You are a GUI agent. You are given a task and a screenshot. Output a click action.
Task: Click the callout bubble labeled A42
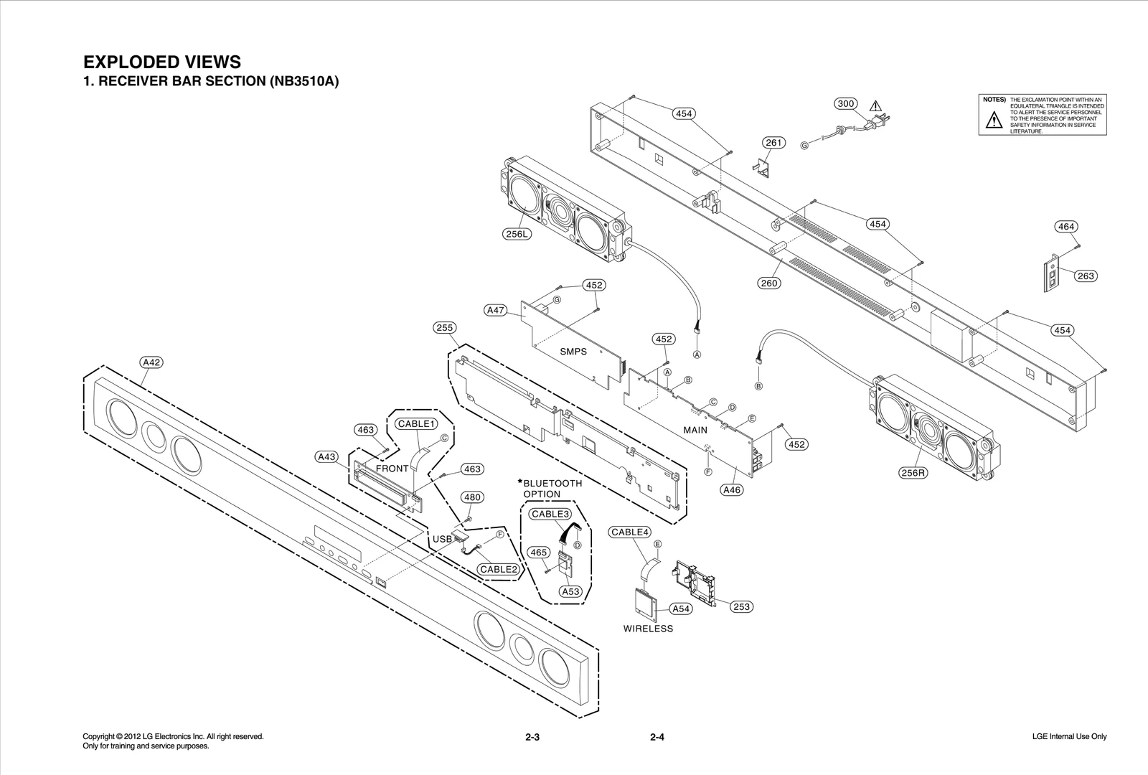(x=151, y=362)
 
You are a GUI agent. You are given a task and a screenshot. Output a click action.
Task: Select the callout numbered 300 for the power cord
(x=847, y=103)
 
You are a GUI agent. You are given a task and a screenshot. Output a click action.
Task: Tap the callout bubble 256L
(x=517, y=233)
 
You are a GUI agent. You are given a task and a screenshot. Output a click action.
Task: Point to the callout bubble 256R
(x=913, y=473)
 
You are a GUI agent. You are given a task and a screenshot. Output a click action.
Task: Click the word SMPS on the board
(x=573, y=352)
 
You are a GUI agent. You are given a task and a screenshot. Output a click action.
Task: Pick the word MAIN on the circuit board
(x=695, y=431)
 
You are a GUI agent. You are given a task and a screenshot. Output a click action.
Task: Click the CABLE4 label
(x=630, y=532)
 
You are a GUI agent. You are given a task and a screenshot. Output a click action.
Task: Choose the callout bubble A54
(x=681, y=609)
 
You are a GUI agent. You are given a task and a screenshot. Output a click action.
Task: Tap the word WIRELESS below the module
(x=648, y=629)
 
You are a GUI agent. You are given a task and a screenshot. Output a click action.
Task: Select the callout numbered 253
(x=741, y=607)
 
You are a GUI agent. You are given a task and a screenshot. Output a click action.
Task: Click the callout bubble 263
(x=1086, y=276)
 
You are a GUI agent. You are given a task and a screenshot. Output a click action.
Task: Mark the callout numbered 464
(x=1066, y=227)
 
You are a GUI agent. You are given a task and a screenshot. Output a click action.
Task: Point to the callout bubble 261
(x=773, y=143)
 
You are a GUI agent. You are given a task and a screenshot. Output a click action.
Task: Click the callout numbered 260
(x=769, y=283)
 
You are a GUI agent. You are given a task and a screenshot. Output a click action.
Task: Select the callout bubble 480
(x=471, y=497)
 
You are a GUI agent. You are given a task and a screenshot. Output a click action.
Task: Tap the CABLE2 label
(x=499, y=569)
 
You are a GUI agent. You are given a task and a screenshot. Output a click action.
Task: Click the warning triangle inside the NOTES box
(x=994, y=120)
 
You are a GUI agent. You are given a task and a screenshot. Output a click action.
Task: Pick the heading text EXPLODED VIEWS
(x=162, y=62)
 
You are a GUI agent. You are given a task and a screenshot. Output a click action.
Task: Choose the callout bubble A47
(x=496, y=311)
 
